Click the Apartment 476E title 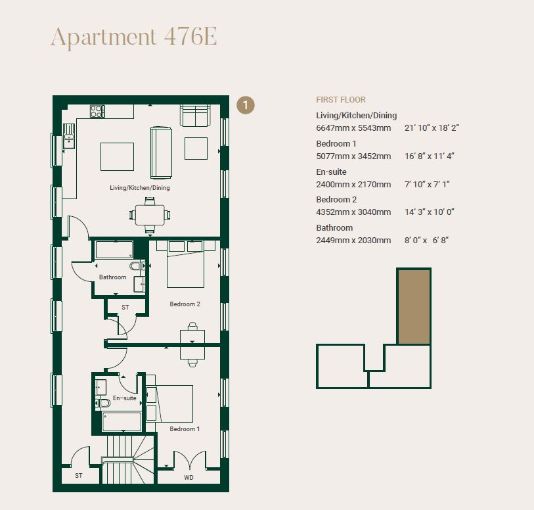(133, 37)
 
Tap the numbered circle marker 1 (245, 105)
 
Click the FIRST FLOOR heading (341, 100)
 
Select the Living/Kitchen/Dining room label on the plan (140, 188)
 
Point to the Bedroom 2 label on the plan (185, 304)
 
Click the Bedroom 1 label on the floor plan (185, 429)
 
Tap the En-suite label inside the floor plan (125, 398)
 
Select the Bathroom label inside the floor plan (112, 277)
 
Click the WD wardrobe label (189, 476)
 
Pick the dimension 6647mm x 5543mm (353, 128)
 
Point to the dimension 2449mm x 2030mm (353, 241)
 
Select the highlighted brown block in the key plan (414, 306)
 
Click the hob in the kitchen (97, 112)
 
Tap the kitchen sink (69, 140)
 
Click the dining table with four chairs (150, 214)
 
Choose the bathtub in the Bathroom (114, 249)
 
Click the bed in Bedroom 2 (185, 264)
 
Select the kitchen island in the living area (118, 156)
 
